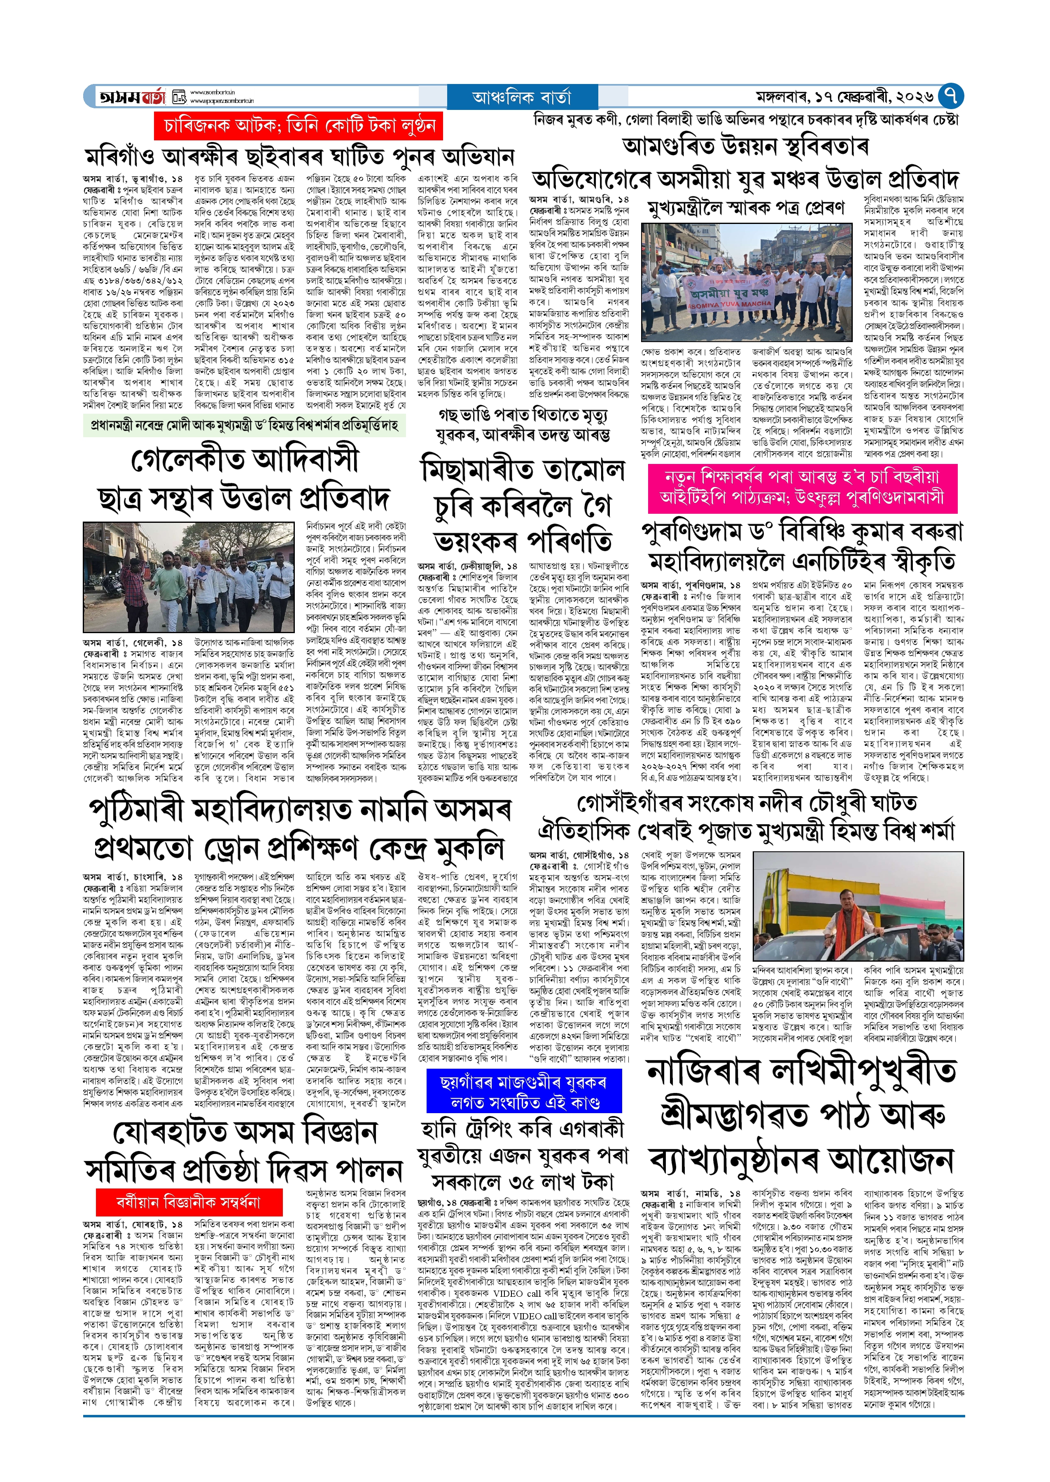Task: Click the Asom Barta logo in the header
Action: (133, 97)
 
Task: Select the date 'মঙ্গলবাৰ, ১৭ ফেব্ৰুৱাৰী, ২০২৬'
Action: (845, 97)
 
